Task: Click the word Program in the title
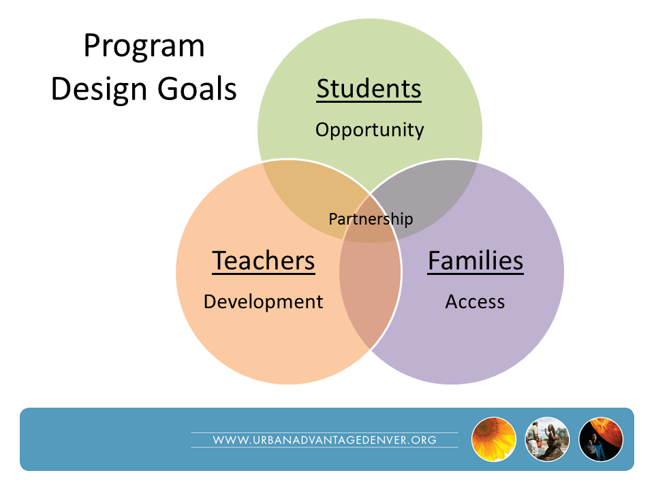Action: pos(144,47)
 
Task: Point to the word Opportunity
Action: pos(369,131)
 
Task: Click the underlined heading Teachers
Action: pos(264,261)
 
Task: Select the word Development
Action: pos(263,302)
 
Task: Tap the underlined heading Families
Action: pos(476,261)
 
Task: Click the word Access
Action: pos(475,301)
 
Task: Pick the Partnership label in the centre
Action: pos(371,219)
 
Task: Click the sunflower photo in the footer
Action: pos(494,439)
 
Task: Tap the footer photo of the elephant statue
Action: pos(547,439)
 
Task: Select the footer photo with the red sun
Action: pos(601,439)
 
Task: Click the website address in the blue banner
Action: pos(324,440)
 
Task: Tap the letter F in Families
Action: pos(435,261)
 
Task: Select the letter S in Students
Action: pos(324,88)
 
